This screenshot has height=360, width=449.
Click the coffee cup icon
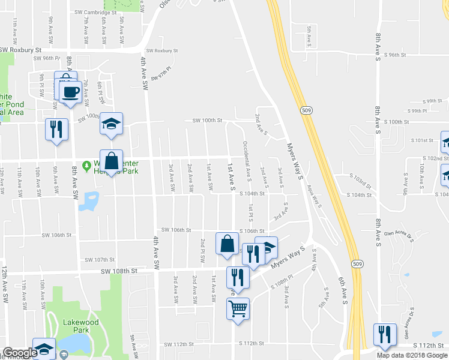click(x=71, y=92)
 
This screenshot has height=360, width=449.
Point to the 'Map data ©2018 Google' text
click(x=412, y=355)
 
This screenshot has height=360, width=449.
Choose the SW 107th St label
click(x=99, y=260)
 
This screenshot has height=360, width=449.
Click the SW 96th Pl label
click(x=47, y=58)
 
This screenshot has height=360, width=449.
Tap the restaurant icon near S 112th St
click(x=384, y=335)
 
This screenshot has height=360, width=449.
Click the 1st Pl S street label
click(x=251, y=211)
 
